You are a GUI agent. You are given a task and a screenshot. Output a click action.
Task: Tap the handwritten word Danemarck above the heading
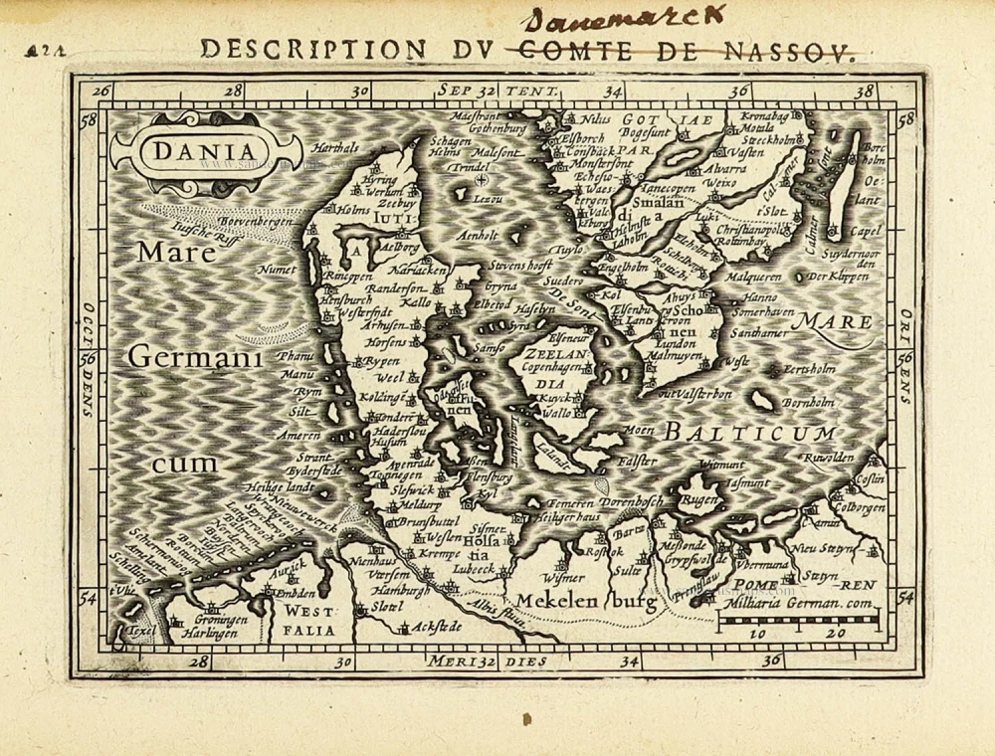624,19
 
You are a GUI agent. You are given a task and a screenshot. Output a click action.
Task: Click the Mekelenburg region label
582,600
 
